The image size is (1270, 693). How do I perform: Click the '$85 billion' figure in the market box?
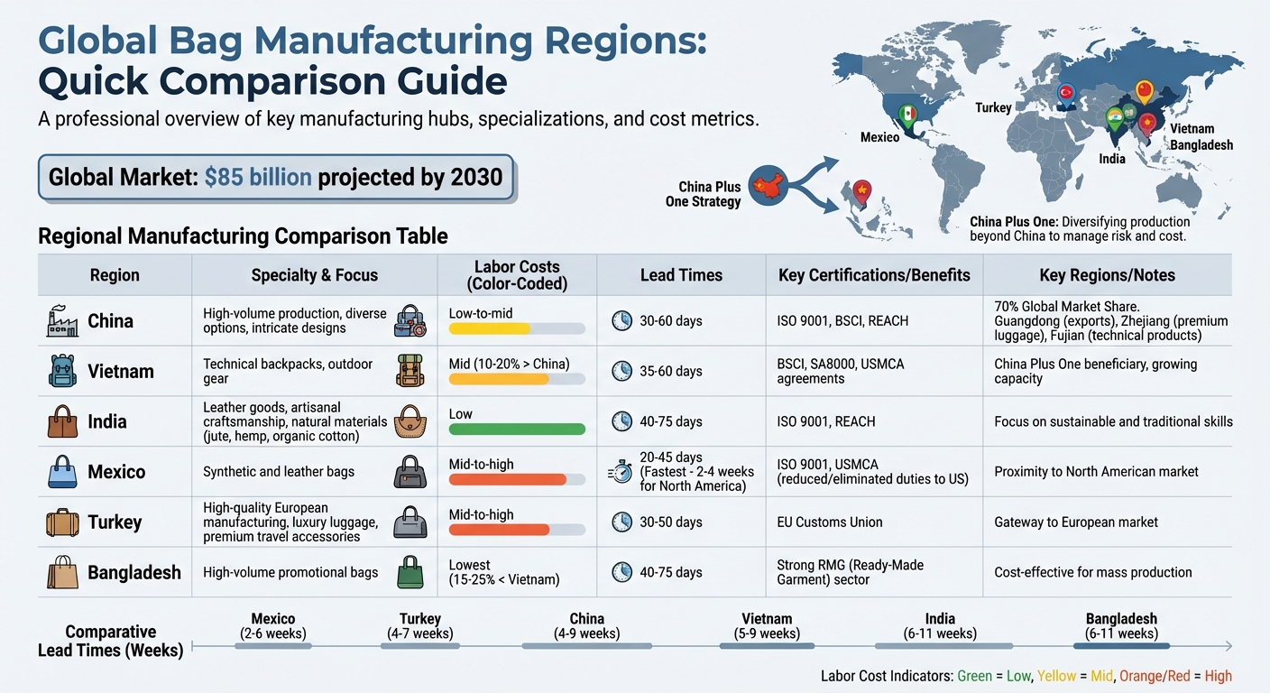(258, 176)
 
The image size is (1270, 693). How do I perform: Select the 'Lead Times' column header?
(681, 275)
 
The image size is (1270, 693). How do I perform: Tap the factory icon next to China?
(62, 321)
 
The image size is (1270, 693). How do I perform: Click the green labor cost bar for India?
(517, 430)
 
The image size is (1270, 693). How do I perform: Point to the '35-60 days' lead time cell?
(671, 371)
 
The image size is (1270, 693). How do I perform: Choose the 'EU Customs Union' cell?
(829, 522)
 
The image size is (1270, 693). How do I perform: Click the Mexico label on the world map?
(879, 137)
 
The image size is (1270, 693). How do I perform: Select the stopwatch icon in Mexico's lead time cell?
(621, 472)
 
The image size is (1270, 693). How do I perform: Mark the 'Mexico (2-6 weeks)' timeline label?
(272, 626)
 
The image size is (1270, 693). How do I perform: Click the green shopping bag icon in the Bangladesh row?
(410, 572)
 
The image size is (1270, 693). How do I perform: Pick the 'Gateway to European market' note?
(1076, 522)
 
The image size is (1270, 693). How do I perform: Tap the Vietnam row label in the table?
(120, 371)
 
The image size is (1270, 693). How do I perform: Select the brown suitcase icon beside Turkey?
(62, 522)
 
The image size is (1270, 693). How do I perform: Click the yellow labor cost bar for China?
(489, 329)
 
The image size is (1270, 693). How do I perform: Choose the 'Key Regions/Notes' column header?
(1107, 275)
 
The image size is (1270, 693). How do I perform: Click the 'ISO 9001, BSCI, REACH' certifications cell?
(842, 320)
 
